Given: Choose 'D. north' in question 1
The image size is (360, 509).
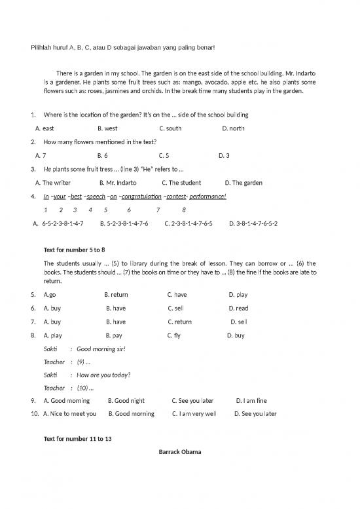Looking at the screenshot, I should (x=233, y=128).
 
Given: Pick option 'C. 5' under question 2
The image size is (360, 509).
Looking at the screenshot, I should (x=164, y=156).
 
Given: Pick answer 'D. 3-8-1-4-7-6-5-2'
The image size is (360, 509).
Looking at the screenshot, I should (x=253, y=223).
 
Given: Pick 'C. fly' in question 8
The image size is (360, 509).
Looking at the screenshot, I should (x=174, y=335).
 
